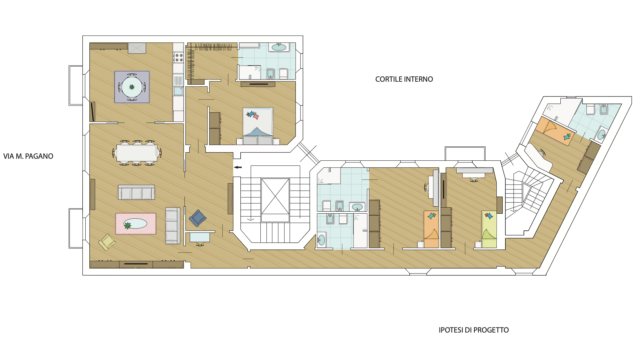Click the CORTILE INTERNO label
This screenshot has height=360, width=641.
(404, 79)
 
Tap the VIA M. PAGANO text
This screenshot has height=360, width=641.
(28, 156)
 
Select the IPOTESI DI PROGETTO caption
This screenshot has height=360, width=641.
(474, 330)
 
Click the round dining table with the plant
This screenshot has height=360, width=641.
(132, 87)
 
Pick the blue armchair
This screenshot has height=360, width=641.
(197, 218)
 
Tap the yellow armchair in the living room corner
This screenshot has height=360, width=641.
(107, 242)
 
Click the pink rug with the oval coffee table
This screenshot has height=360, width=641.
(136, 224)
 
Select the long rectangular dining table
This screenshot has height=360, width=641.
(137, 153)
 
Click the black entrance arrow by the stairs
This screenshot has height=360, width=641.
(238, 167)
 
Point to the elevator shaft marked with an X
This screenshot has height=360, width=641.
(275, 196)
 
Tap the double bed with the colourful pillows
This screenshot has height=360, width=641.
(258, 126)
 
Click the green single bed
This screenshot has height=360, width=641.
(489, 229)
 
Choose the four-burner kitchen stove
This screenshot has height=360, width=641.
(179, 58)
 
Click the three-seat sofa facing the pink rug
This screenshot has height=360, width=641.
(137, 192)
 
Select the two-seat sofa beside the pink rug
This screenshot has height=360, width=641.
(173, 226)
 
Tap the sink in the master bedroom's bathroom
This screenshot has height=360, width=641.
(279, 47)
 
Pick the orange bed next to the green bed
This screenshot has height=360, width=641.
(431, 229)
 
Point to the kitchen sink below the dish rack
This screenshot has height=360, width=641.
(178, 91)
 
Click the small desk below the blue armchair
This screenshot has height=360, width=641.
(200, 237)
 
